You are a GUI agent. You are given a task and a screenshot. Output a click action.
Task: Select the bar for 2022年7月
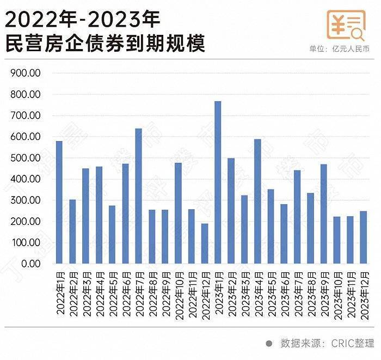point(138,196)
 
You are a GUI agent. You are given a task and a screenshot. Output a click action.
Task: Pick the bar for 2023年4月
point(257,202)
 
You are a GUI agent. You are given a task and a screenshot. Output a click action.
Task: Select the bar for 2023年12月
point(364,237)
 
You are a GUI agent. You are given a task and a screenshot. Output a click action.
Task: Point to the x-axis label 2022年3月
point(86,291)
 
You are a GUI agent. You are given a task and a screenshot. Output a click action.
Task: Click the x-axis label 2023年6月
point(284,291)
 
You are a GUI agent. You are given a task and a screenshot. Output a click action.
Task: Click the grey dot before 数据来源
point(268,344)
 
